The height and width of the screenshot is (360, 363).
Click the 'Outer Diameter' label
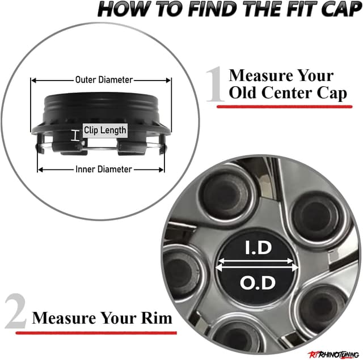tap(104, 80)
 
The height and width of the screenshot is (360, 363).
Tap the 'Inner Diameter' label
tap(103, 169)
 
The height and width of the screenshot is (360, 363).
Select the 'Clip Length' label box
tap(105, 130)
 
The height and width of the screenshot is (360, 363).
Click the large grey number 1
tap(215, 84)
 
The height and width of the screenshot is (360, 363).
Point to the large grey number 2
tap(15, 311)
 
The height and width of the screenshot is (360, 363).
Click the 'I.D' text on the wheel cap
tap(259, 248)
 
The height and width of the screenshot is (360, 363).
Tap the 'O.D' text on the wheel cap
tap(258, 283)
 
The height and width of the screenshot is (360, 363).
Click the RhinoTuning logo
tap(334, 354)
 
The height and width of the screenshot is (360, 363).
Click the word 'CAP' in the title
tap(341, 9)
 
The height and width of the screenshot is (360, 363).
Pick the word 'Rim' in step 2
tap(157, 318)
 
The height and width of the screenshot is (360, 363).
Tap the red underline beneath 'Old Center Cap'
tap(284, 107)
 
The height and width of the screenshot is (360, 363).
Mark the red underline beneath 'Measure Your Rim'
tap(96, 333)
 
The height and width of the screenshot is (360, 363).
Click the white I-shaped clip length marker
tap(75, 135)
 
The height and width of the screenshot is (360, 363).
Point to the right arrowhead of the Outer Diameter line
tap(168, 81)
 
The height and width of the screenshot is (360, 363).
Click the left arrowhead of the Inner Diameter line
tap(40, 170)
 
